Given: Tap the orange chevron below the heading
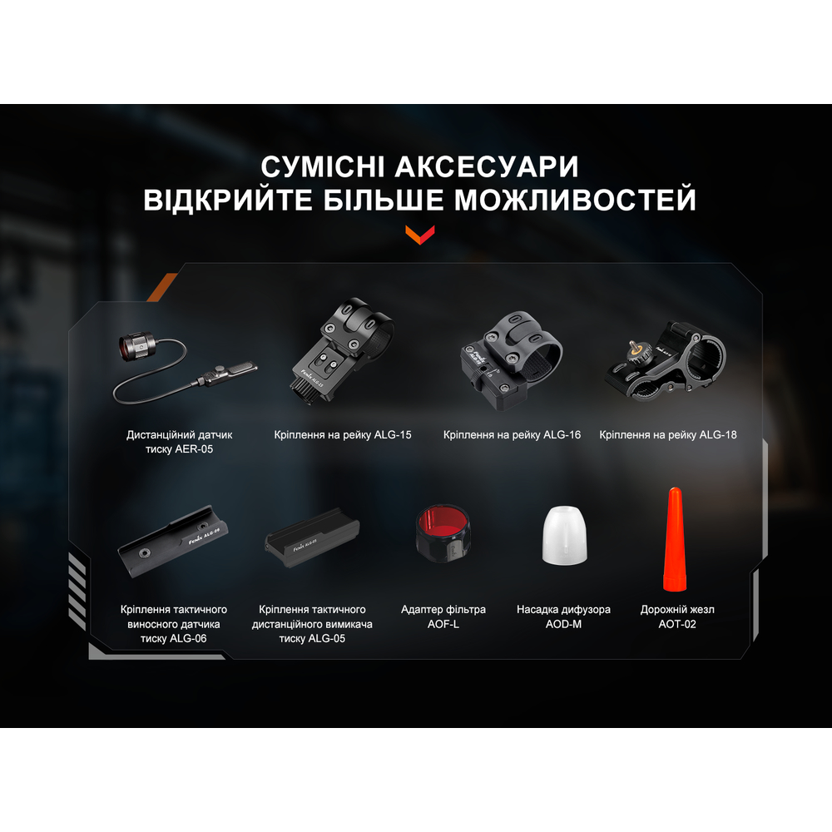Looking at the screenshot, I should coord(419,234).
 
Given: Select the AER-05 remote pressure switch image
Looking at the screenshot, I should coord(179,363).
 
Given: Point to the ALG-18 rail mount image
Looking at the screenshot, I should coord(665,360).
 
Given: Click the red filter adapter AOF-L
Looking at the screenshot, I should coord(442,537).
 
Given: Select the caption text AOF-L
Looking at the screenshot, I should coord(443,624).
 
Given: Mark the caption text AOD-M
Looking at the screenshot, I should coord(563,624).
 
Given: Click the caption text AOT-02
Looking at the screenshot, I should coord(676,624).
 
